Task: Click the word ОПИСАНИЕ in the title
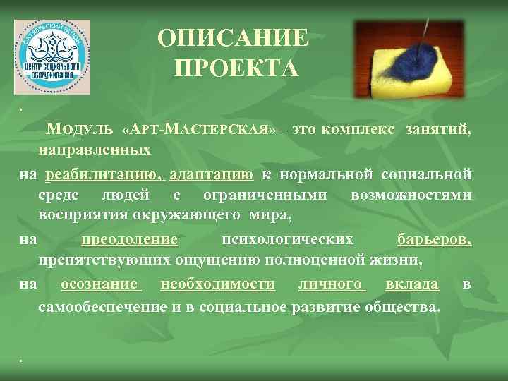234,39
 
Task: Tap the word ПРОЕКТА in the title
234,68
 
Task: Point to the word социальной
426,174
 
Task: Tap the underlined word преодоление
129,240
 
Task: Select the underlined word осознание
99,284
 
